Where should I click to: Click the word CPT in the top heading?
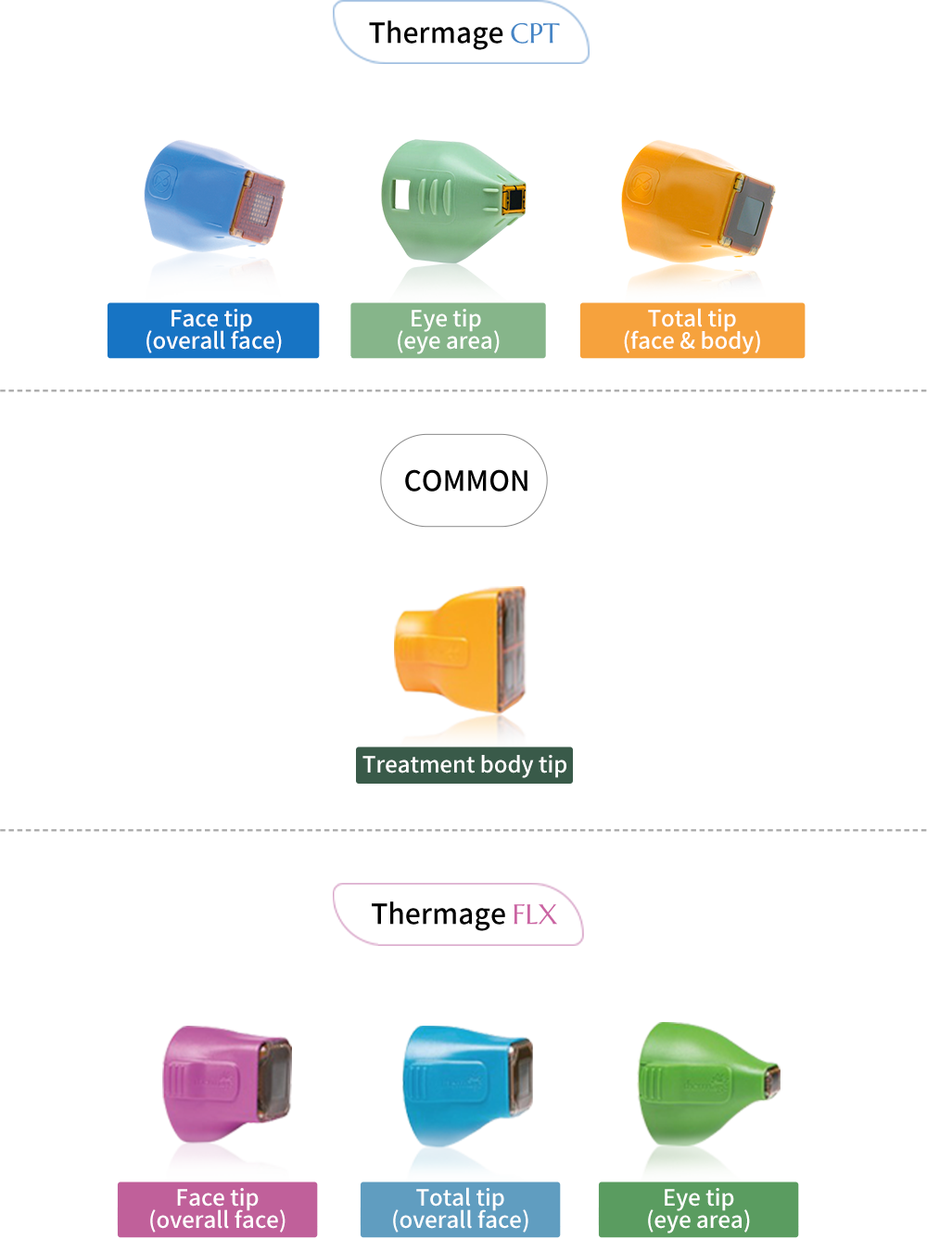point(535,34)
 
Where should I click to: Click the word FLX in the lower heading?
point(535,915)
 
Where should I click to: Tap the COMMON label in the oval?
point(465,480)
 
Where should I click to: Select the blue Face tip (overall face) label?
point(213,330)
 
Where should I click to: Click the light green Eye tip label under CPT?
point(448,330)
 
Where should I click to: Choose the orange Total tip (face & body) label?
point(692,330)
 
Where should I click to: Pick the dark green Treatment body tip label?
point(464,765)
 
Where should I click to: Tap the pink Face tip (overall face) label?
point(217,1209)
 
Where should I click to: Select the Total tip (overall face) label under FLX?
point(460,1209)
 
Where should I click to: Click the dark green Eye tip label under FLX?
point(698,1209)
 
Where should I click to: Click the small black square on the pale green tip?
point(514,198)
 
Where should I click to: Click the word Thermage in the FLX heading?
point(438,915)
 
